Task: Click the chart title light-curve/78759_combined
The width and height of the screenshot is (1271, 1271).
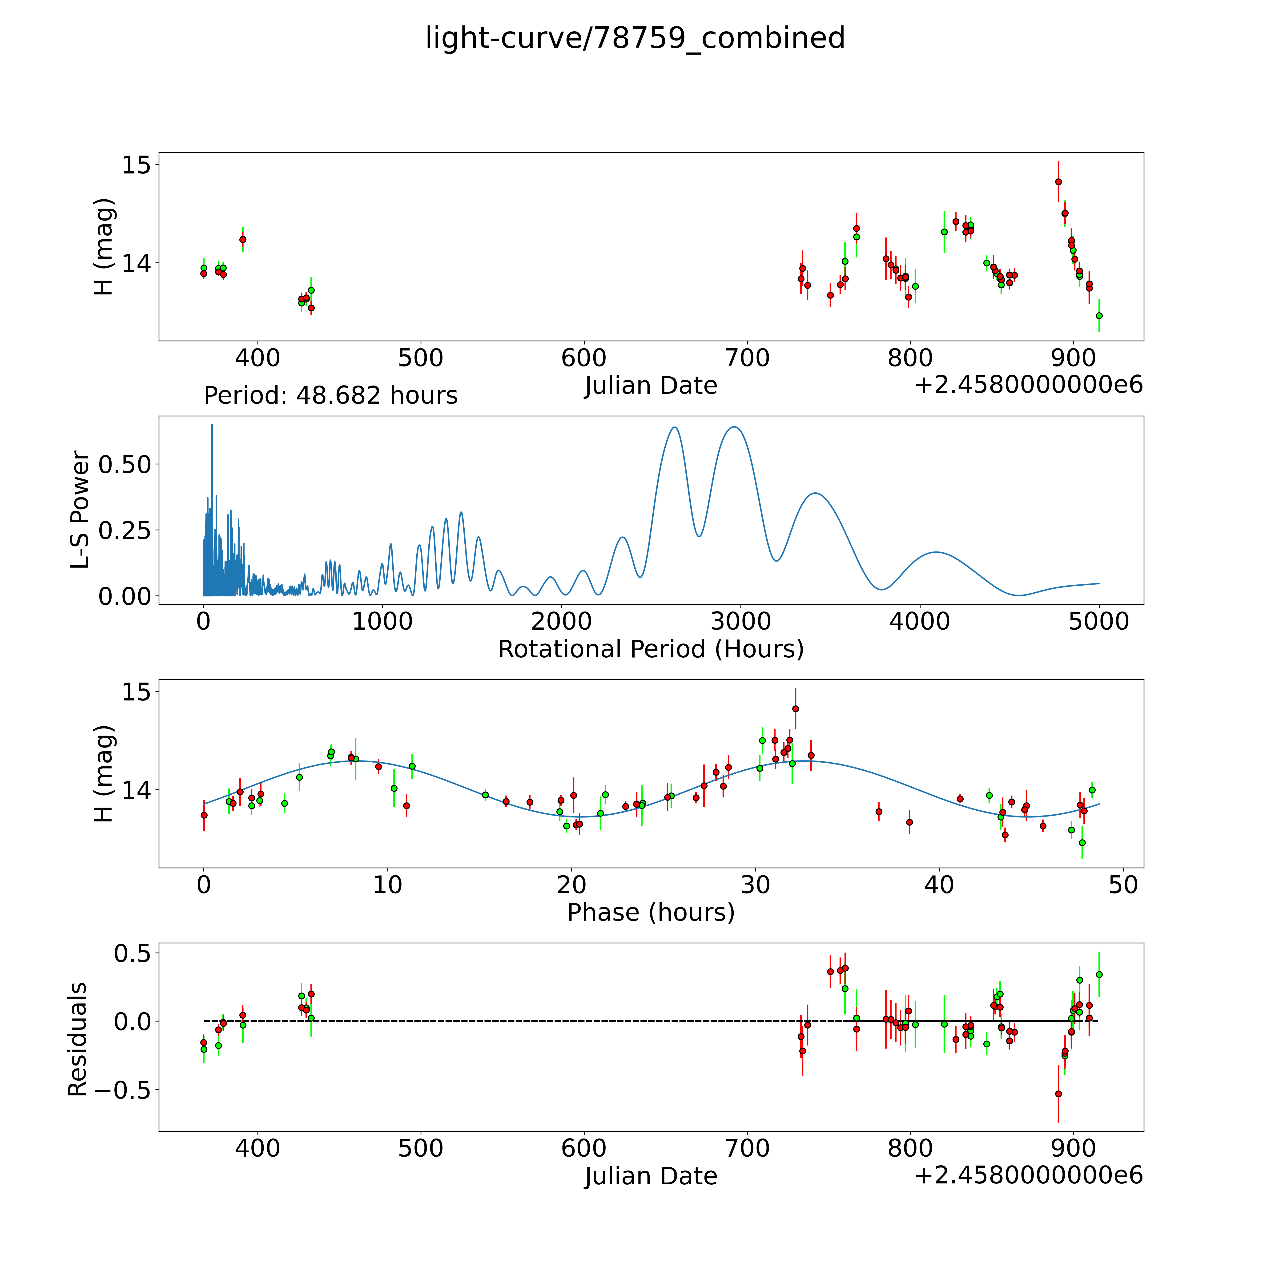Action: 635,38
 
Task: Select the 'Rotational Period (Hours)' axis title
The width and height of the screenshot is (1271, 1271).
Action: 651,649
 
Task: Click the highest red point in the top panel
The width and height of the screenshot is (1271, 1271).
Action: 1058,181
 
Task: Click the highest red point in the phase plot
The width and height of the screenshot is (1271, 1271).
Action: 795,708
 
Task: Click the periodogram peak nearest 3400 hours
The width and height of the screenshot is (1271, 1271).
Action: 816,493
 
